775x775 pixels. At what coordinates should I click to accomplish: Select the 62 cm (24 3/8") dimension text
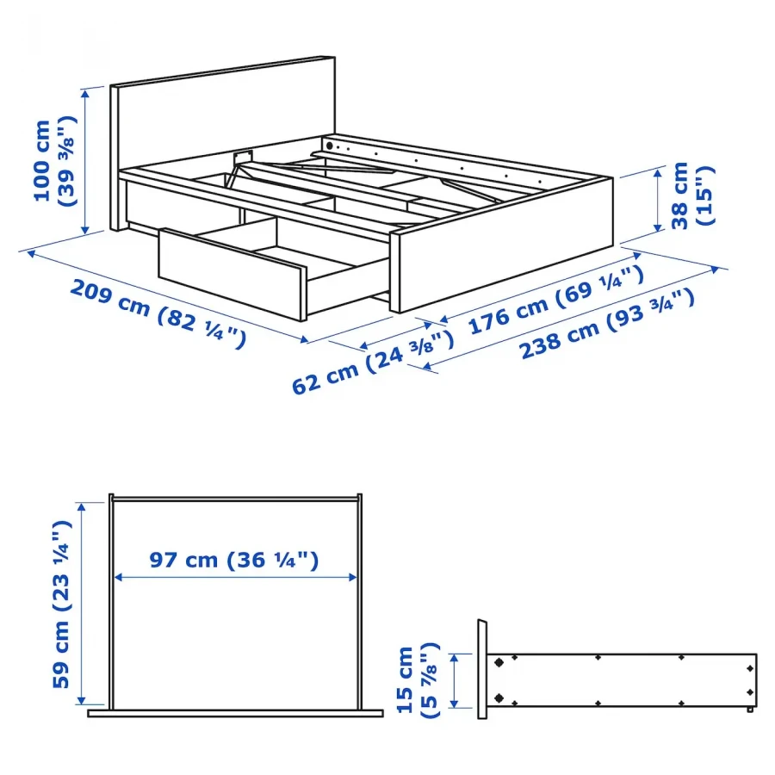click(x=372, y=363)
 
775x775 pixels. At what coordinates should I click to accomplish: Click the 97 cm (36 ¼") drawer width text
click(x=234, y=561)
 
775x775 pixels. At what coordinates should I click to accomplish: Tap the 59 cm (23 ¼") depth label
click(x=59, y=603)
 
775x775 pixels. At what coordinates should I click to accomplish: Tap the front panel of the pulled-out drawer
click(x=231, y=273)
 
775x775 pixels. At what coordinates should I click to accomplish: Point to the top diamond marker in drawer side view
click(x=499, y=662)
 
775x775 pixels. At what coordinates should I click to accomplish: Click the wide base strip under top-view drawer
click(x=234, y=712)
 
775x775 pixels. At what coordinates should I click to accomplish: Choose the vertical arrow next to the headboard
click(x=85, y=161)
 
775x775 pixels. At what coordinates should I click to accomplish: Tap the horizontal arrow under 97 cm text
click(x=234, y=578)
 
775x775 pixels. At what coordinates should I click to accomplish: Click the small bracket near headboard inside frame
click(x=242, y=156)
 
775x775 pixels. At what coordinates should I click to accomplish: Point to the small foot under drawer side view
click(x=751, y=710)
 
